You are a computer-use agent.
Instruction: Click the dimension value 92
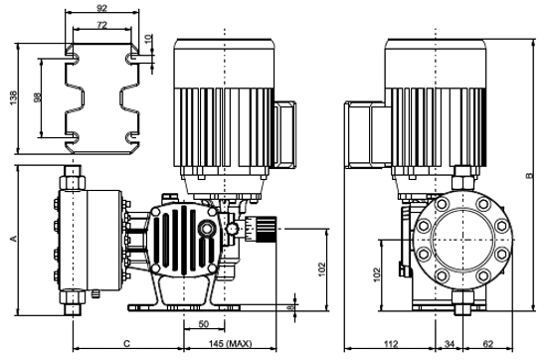[x=101, y=8]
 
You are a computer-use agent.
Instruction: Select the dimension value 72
[x=101, y=25]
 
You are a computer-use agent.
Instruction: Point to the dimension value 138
[x=13, y=98]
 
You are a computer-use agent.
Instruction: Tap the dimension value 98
[x=38, y=97]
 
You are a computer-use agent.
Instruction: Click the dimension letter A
[x=13, y=239]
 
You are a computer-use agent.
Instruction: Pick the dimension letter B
[x=530, y=175]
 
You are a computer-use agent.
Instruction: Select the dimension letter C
[x=127, y=344]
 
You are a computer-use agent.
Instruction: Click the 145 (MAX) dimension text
[x=231, y=344]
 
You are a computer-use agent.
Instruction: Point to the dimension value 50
[x=203, y=324]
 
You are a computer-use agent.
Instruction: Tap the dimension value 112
[x=391, y=344]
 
